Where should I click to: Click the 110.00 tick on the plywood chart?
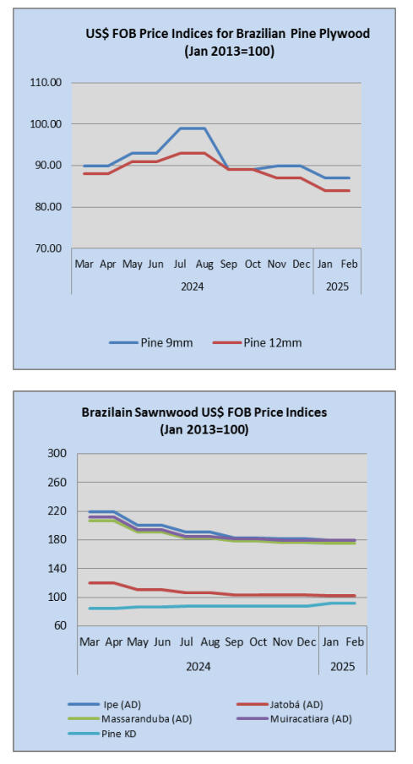click(46, 82)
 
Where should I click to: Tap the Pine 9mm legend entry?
click(151, 342)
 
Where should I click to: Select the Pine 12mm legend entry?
click(257, 342)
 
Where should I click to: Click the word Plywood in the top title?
click(343, 34)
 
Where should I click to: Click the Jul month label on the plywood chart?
click(180, 265)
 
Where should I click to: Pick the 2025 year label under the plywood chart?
click(337, 286)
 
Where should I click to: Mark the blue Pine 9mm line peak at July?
click(180, 128)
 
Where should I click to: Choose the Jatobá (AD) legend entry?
click(280, 704)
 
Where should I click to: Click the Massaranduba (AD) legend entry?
click(129, 718)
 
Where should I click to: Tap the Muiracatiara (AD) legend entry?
click(294, 718)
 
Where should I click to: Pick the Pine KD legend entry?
click(102, 734)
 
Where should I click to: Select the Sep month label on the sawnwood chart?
click(234, 642)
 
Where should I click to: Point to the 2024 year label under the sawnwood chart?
click(198, 667)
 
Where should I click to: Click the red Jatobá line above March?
click(90, 583)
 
